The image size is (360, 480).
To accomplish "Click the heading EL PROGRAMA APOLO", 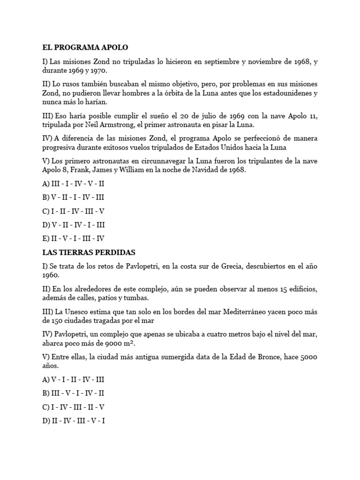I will pos(85,47).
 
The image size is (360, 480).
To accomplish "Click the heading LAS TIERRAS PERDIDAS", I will pos(89,252).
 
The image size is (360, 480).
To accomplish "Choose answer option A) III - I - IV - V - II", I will pos(73,184).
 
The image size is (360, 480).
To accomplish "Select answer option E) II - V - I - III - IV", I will pos(73,238).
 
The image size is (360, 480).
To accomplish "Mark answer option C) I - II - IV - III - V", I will pos(73,211).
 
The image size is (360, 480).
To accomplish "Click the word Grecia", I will pos(216,266).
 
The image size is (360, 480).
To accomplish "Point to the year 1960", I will pos(52,275).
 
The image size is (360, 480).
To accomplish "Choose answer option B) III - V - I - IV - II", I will pos(73,393).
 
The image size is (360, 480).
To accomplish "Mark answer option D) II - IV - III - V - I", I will pos(73,420).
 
